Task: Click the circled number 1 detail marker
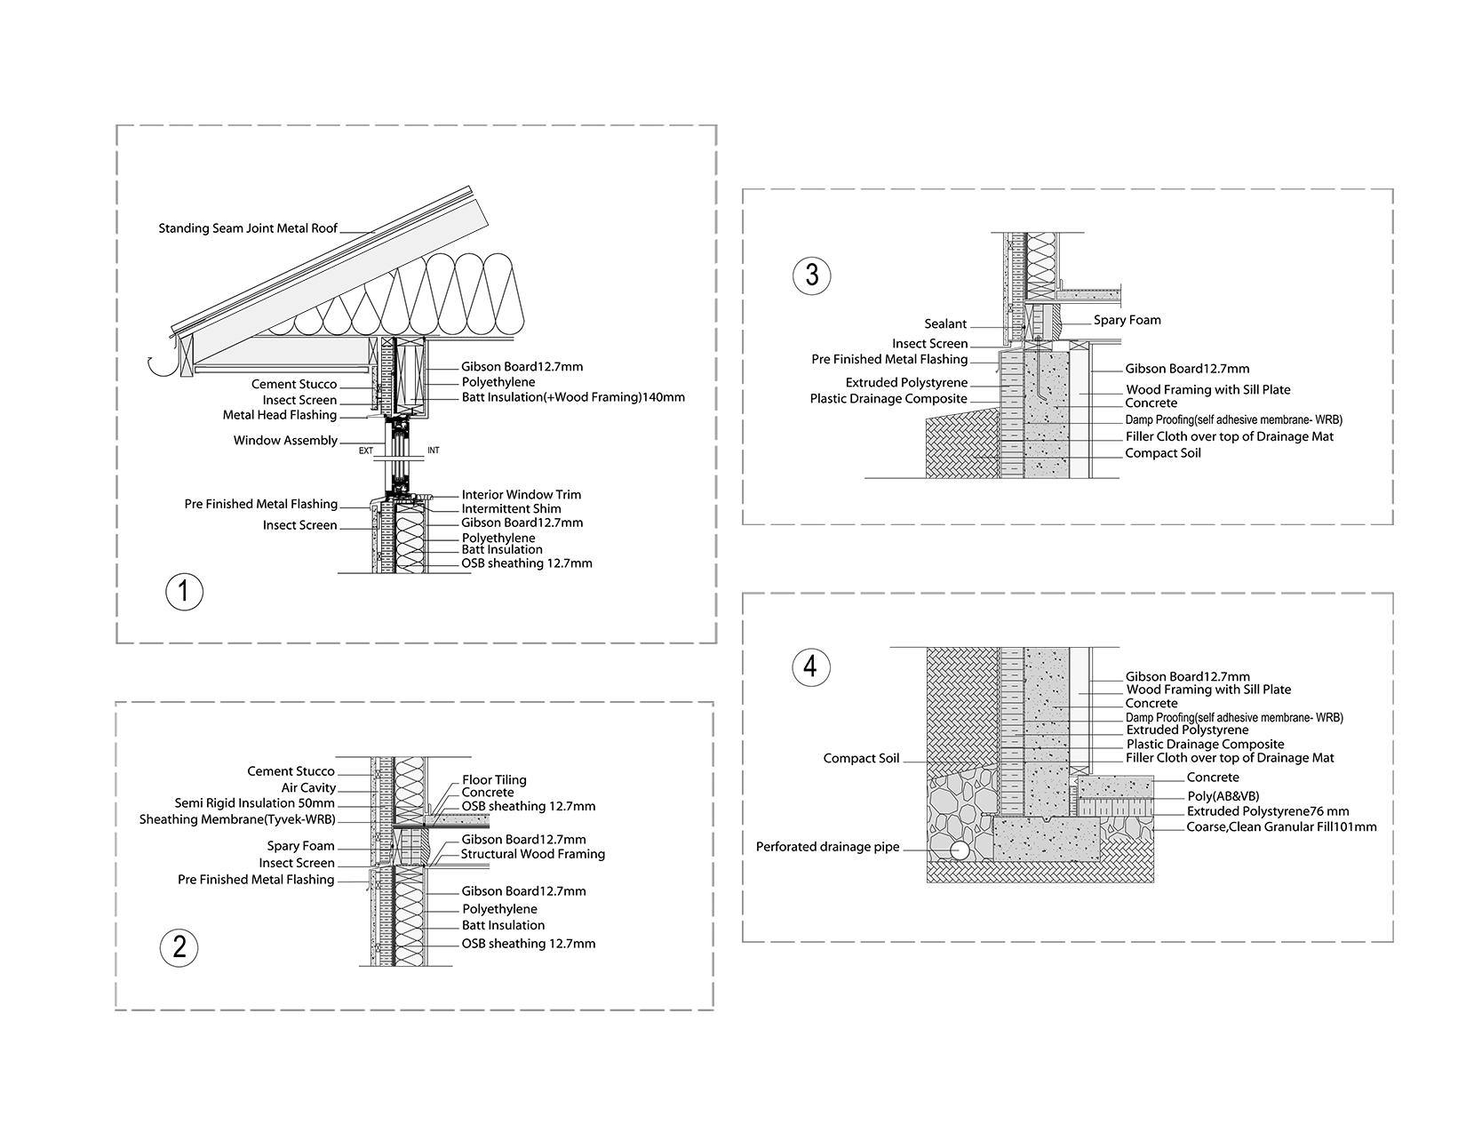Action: [185, 592]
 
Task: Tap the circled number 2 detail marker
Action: [179, 947]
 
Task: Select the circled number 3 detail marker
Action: [811, 275]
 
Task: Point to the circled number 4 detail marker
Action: [810, 666]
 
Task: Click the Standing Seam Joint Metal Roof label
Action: [248, 228]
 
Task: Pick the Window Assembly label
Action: [285, 441]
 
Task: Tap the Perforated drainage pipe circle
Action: [960, 850]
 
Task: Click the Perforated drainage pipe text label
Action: [827, 847]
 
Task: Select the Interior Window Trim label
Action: [521, 495]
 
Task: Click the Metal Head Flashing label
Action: [279, 416]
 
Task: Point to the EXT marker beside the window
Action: [366, 451]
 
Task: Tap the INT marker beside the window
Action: [434, 451]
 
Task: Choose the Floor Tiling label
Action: [494, 780]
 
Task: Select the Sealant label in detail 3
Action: [945, 324]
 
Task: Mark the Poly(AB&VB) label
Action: [1223, 796]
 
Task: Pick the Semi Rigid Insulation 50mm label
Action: [255, 803]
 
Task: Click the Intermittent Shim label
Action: [511, 509]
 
